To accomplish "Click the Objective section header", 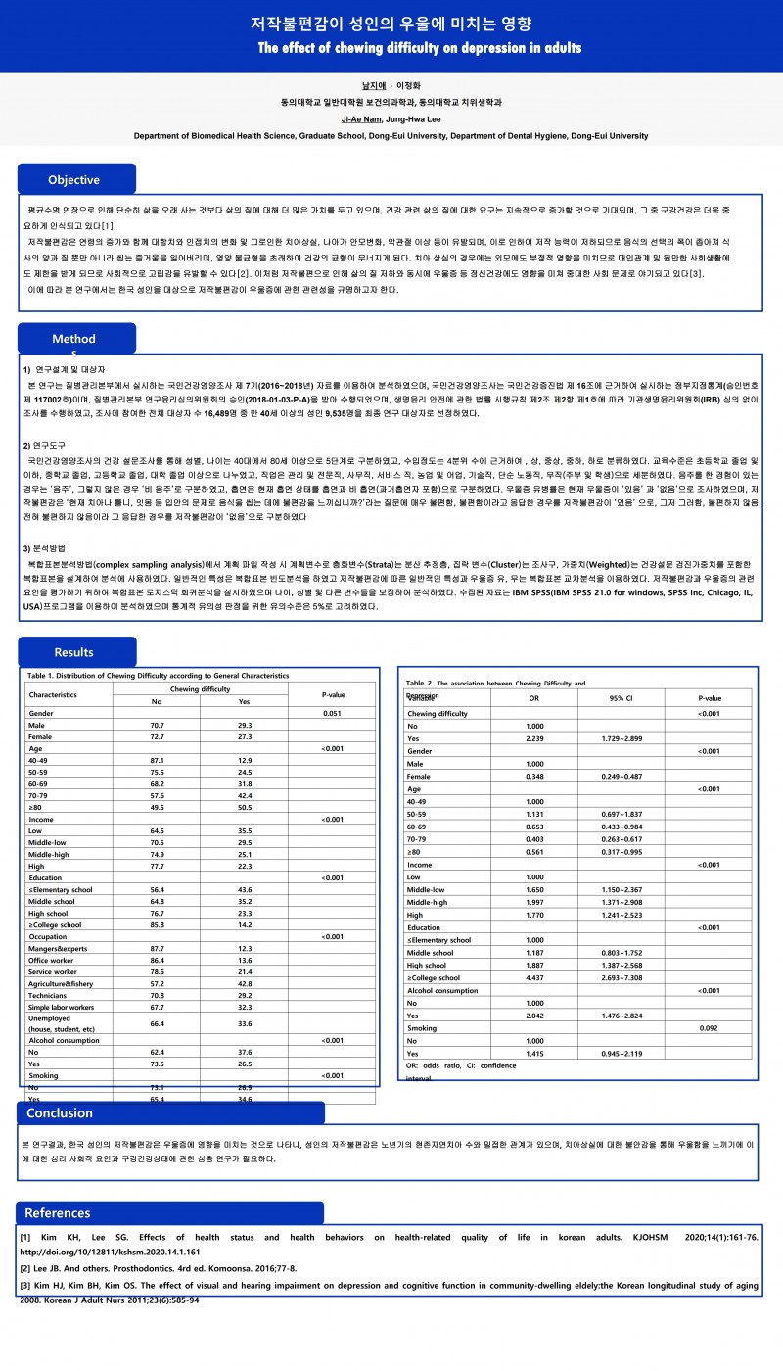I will coord(74,179).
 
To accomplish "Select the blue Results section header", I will coord(74,652).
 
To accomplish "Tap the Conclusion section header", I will coord(60,1112).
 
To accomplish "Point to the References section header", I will coord(58,1213).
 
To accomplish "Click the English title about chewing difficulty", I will coord(420,48).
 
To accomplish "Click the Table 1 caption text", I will coord(159,676).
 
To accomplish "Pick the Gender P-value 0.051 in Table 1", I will coord(332,714).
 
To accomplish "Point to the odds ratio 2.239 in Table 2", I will coord(533,737).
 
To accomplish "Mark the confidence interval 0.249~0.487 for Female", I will coord(622,776).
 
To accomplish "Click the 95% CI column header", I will coord(622,698).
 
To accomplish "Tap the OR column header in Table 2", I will coord(533,698).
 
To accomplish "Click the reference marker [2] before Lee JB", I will coord(25,1268).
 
